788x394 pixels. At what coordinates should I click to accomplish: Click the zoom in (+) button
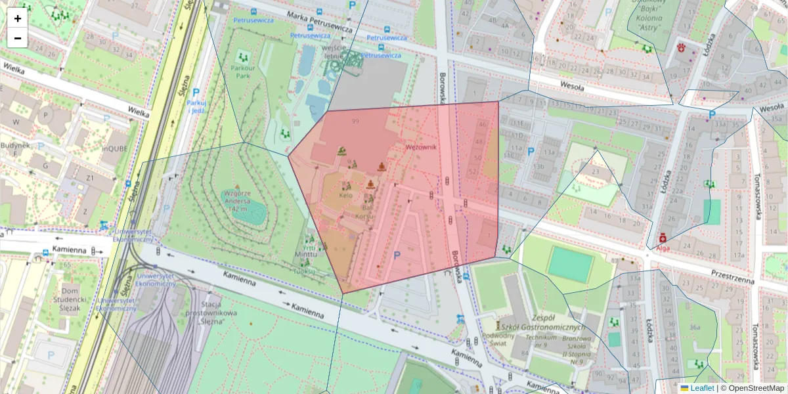[18, 18]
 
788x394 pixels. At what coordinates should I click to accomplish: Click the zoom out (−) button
[18, 38]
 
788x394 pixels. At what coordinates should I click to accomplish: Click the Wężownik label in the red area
[421, 147]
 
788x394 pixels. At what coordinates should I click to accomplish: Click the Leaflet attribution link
[702, 388]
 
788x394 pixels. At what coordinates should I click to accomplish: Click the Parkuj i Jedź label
[196, 106]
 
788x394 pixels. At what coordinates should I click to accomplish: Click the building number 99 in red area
[355, 121]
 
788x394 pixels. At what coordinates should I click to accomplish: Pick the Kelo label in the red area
[346, 196]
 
